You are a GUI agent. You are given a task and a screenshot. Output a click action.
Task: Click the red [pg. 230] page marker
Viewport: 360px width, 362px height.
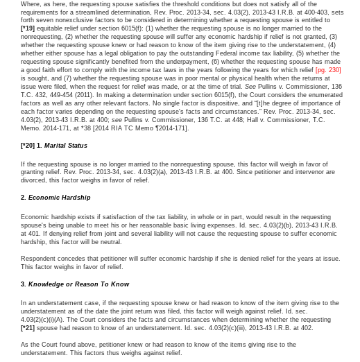328,70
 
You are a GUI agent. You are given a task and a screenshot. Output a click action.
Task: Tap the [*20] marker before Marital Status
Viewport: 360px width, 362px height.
28,146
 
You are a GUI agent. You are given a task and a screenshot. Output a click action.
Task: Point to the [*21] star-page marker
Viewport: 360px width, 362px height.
28,328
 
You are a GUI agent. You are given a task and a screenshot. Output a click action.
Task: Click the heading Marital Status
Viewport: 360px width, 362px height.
66,146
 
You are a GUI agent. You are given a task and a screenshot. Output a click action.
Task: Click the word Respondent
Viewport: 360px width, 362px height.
39,259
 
